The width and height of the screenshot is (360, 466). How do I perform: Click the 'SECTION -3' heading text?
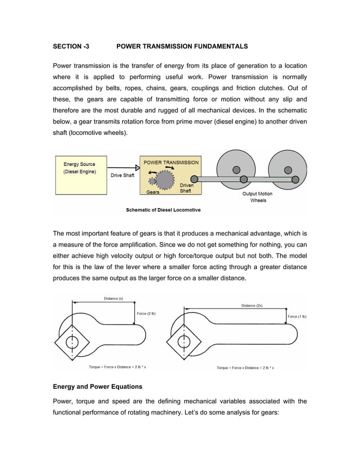(x=71, y=45)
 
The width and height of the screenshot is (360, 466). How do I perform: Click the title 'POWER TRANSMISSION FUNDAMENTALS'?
(x=182, y=45)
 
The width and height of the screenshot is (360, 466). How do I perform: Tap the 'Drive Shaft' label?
(x=122, y=175)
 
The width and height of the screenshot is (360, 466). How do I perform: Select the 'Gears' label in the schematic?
(x=152, y=192)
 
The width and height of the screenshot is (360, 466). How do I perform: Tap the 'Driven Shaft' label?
(x=186, y=188)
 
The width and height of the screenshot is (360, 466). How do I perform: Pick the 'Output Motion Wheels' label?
(x=257, y=197)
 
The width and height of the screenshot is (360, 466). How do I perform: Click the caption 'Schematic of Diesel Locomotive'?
(x=163, y=210)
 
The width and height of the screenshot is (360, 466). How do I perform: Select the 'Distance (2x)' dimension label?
(x=251, y=305)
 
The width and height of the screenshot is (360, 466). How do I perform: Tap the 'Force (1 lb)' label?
(x=297, y=316)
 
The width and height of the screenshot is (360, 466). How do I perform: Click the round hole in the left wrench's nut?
(x=72, y=342)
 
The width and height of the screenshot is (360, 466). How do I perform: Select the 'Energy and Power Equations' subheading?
(x=98, y=387)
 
